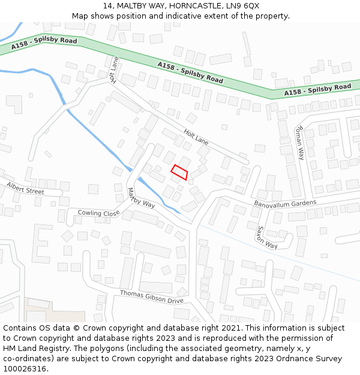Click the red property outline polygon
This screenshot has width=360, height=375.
[179, 172]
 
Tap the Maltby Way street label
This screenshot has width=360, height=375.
[141, 198]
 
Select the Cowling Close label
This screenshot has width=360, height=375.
[98, 213]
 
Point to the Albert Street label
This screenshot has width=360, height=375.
[25, 188]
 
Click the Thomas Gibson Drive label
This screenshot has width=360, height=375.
[151, 296]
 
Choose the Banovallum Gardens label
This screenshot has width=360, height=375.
[284, 203]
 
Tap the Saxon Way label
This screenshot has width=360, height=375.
[268, 238]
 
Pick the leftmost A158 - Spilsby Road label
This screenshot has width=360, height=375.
[44, 44]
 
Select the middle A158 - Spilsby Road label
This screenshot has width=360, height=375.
[190, 72]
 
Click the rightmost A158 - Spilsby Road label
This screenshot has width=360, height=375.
[317, 89]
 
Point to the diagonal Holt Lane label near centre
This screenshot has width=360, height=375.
[196, 139]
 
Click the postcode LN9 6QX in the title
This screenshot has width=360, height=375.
[245, 5]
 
